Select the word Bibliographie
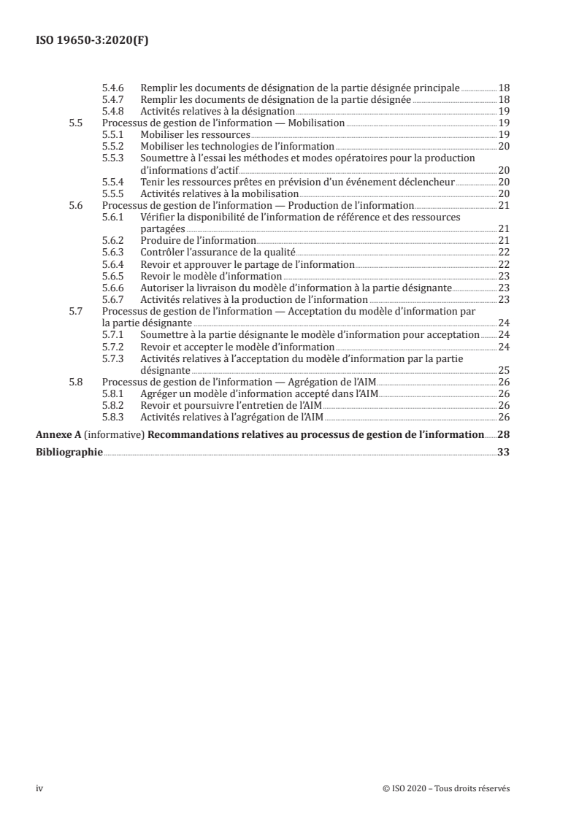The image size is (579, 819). (x=69, y=452)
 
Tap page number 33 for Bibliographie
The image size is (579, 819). (x=503, y=452)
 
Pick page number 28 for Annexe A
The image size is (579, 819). (x=503, y=435)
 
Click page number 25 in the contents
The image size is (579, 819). (x=503, y=370)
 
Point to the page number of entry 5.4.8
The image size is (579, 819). (x=503, y=112)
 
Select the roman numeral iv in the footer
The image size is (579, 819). (x=40, y=788)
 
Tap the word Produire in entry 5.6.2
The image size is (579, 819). (x=161, y=240)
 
